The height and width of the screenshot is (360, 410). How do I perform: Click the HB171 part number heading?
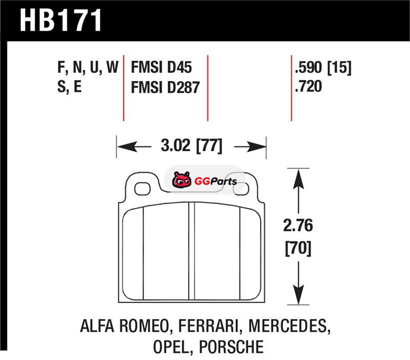coord(60,21)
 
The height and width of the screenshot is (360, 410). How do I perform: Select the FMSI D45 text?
coord(161,67)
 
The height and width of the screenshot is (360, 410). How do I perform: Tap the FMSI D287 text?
coord(165,87)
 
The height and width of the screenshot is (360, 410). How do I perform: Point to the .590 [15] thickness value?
coord(323,68)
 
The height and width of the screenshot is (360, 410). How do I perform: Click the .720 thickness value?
coord(309,86)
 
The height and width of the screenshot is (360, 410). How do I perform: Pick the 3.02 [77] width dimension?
coord(192,146)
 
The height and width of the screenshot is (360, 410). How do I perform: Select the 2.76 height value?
coord(298,226)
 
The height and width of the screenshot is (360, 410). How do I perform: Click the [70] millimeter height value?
coord(298,249)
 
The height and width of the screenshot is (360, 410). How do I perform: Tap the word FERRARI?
coord(209,326)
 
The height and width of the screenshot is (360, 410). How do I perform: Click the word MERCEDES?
coord(288,326)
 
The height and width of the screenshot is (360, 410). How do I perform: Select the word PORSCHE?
coord(232,347)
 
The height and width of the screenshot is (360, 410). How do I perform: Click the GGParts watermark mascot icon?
coord(181,179)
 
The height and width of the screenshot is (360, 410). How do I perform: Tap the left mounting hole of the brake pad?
coord(142,189)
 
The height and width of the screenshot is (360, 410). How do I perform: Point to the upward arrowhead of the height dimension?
coord(298,178)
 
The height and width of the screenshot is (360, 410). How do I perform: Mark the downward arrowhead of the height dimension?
coord(298,294)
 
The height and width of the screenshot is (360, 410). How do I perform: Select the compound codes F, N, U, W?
coord(88,68)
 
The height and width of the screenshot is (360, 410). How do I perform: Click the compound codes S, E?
coord(70,87)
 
